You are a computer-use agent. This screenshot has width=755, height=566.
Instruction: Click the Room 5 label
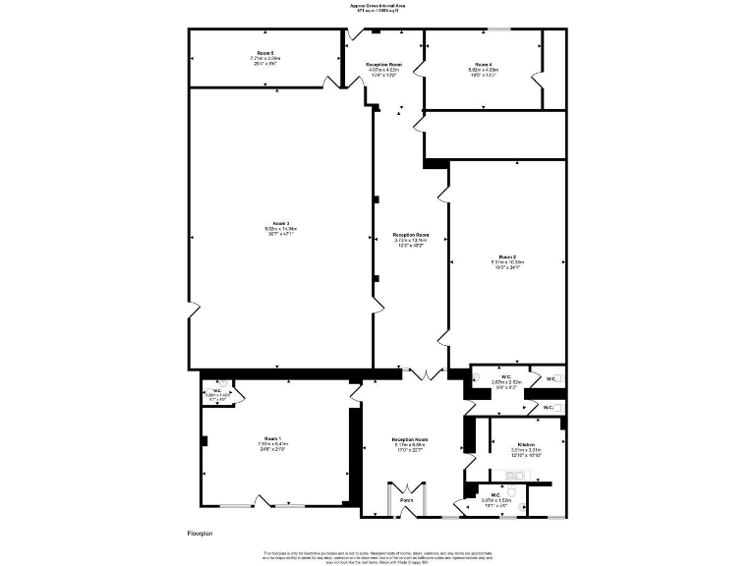tap(265, 52)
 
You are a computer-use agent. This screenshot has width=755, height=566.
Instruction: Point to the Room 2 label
tap(508, 256)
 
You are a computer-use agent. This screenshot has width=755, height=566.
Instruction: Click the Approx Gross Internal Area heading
tap(377, 5)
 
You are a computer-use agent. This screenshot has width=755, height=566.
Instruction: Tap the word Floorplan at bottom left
tap(200, 533)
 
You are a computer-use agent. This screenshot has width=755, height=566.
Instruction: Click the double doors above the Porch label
tap(406, 489)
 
